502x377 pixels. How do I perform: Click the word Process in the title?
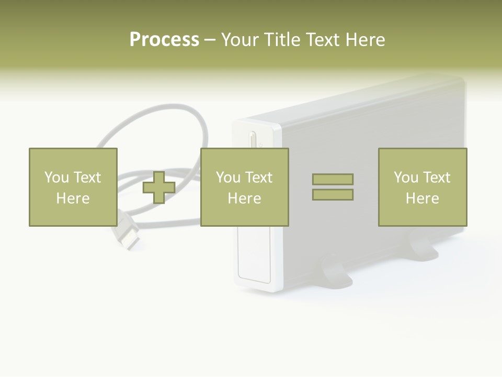(x=164, y=40)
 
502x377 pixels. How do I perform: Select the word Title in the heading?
(x=281, y=40)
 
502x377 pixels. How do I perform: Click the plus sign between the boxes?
(x=159, y=187)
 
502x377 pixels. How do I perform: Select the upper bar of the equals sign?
(x=333, y=179)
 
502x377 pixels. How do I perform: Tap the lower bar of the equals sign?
(x=333, y=195)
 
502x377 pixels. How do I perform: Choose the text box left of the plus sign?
(x=73, y=187)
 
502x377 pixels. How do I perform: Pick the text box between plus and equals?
(x=244, y=187)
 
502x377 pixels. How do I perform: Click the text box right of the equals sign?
(x=422, y=187)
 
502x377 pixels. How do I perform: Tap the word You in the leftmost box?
(x=56, y=178)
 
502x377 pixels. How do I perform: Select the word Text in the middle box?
(x=259, y=178)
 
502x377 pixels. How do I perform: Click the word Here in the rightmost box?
(x=422, y=198)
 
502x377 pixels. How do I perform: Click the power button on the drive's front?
(x=253, y=140)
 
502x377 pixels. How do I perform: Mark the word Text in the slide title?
(x=320, y=40)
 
